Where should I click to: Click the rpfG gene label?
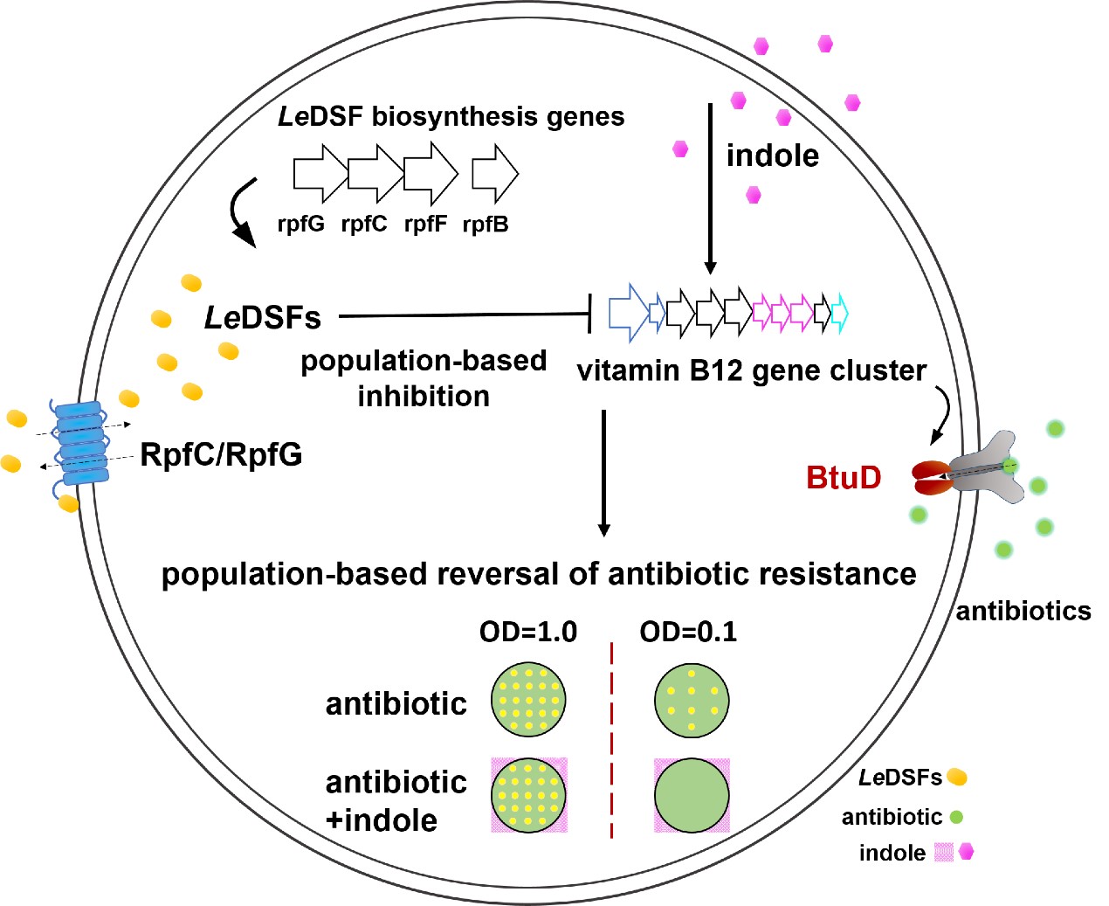pos(300,224)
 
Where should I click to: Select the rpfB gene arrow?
pos(494,172)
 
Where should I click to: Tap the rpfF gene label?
pos(425,224)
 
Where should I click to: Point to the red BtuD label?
pos(844,477)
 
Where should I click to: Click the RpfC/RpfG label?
pos(221,454)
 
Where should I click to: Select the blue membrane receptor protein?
pos(81,443)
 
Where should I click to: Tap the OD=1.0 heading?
pos(528,632)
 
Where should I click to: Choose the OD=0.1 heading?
pos(688,632)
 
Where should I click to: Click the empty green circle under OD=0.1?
pos(692,795)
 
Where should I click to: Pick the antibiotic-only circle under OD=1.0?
pos(529,700)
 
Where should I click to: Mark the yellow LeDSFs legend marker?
pos(957,776)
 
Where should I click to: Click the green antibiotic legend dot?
pos(956,817)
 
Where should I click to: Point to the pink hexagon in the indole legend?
pos(966,851)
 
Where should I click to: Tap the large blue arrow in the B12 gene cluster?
pos(628,312)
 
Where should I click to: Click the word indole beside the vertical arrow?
pos(773,156)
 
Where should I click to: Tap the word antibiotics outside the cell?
pos(1023,611)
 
